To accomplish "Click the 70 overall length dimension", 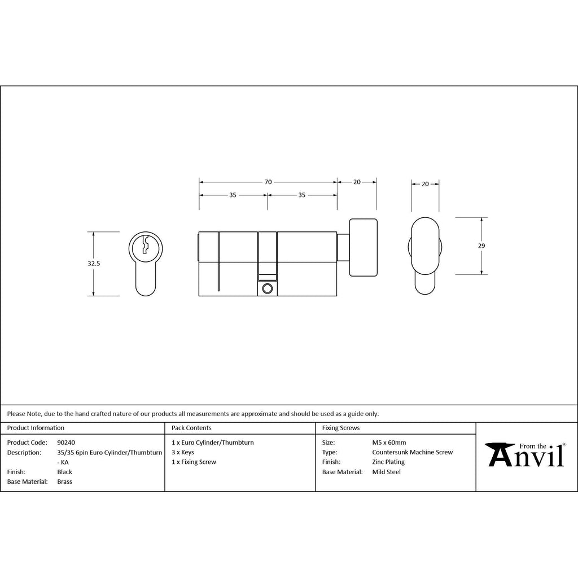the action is [x=268, y=182].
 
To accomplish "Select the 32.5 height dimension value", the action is [x=94, y=264].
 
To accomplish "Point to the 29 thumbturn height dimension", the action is [x=481, y=246].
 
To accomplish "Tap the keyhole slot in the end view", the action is [x=146, y=244].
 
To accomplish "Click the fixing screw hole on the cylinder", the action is [x=267, y=288].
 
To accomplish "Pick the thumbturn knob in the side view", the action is [x=363, y=247].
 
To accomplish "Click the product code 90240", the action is [x=66, y=443].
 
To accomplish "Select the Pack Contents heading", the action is [x=191, y=428].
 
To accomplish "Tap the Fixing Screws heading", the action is [x=341, y=428].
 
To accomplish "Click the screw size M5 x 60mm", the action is [x=389, y=443].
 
